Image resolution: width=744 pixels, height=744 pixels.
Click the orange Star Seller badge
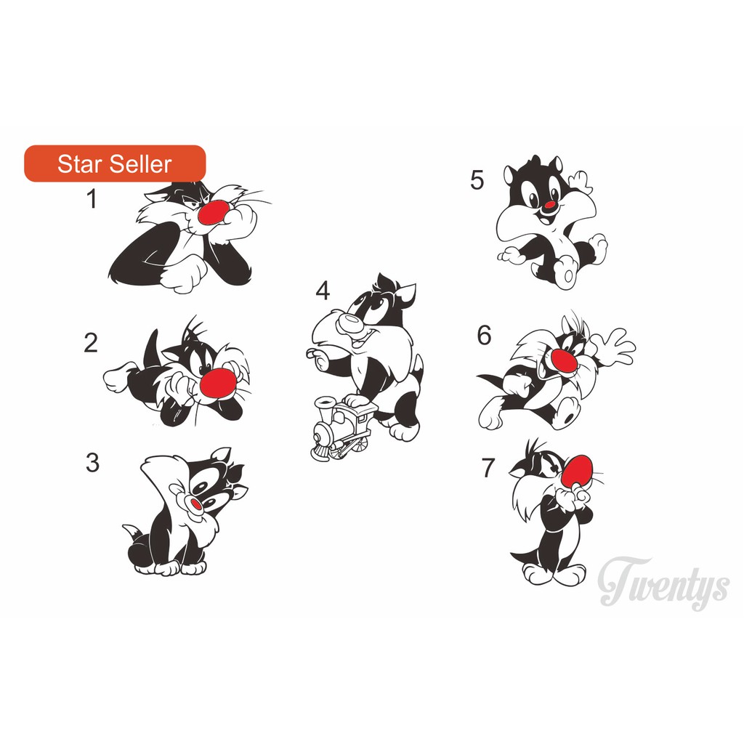pos(115,163)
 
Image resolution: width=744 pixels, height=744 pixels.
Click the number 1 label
pos(92,199)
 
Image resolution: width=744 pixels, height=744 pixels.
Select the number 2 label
pos(90,343)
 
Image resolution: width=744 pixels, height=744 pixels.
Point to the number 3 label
pos(92,463)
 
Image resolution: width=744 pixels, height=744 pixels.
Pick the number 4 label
pos(323,291)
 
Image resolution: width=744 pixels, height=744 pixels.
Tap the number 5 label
pos(477,180)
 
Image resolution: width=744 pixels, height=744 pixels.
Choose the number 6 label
pos(484,336)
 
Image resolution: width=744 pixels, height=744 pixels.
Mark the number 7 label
pos(488,469)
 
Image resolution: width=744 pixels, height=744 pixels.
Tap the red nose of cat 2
pos(217,382)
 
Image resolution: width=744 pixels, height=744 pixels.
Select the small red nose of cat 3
pos(195,504)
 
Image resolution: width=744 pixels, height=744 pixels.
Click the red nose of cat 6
pos(565,359)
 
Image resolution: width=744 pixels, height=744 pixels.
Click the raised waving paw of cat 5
pos(581,181)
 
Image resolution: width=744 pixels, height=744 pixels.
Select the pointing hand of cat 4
pos(317,355)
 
